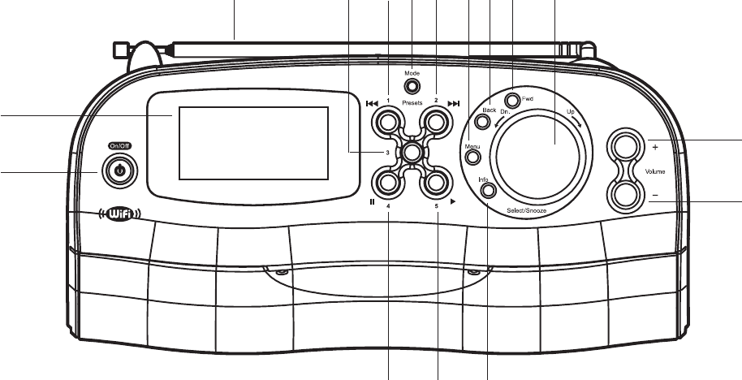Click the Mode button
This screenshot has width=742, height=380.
click(412, 86)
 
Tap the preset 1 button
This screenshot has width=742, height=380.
click(387, 123)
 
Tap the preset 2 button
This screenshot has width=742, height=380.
click(436, 123)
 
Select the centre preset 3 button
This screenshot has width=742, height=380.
click(412, 152)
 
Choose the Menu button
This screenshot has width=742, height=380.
click(471, 153)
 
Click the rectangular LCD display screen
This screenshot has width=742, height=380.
click(252, 143)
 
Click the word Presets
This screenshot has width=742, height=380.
click(412, 104)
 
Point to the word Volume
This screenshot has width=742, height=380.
click(656, 172)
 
